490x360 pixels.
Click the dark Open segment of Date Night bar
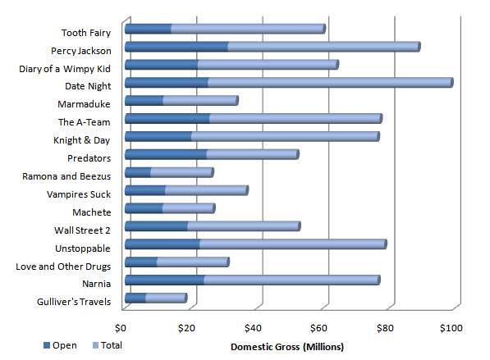[x=167, y=83]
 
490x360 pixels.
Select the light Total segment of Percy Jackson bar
[x=323, y=47]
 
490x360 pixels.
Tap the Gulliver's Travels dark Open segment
[x=135, y=298]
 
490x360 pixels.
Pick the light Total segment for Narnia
[x=291, y=280]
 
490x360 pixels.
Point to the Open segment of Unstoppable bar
[x=163, y=244]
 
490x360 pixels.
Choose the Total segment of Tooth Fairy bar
[x=248, y=30]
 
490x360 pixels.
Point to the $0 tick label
[x=124, y=328]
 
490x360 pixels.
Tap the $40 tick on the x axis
[x=253, y=328]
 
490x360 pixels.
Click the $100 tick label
[x=451, y=328]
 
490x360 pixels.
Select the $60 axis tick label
[x=318, y=328]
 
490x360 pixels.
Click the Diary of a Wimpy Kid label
[x=64, y=68]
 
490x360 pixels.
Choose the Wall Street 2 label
[x=81, y=230]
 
